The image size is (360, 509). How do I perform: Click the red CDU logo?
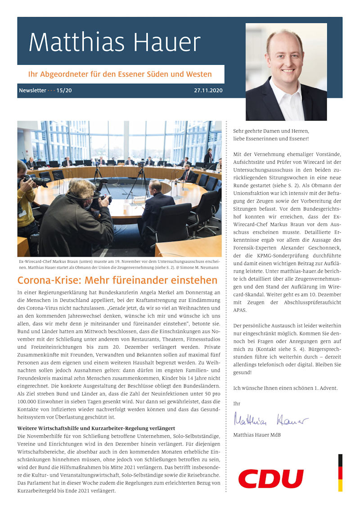pyautogui.click(x=271, y=478)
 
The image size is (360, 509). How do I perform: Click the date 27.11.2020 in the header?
pyautogui.click(x=208, y=90)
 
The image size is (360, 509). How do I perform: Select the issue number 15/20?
pyautogui.click(x=64, y=90)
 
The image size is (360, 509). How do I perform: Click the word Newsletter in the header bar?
pyautogui.click(x=32, y=90)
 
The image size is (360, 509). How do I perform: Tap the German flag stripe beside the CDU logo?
pyautogui.click(x=340, y=473)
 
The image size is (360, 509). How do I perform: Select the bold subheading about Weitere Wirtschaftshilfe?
pyautogui.click(x=96, y=428)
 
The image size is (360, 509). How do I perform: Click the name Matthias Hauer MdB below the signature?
pyautogui.click(x=257, y=435)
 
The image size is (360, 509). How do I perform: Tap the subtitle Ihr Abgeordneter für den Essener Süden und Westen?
pyautogui.click(x=120, y=74)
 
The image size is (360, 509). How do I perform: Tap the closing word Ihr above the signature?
pyautogui.click(x=237, y=404)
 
